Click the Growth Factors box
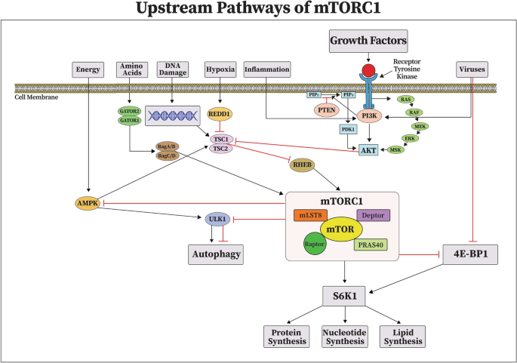coord(368,39)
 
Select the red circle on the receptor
coord(368,72)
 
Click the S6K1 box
coord(344,296)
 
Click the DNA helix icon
coord(172,115)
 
